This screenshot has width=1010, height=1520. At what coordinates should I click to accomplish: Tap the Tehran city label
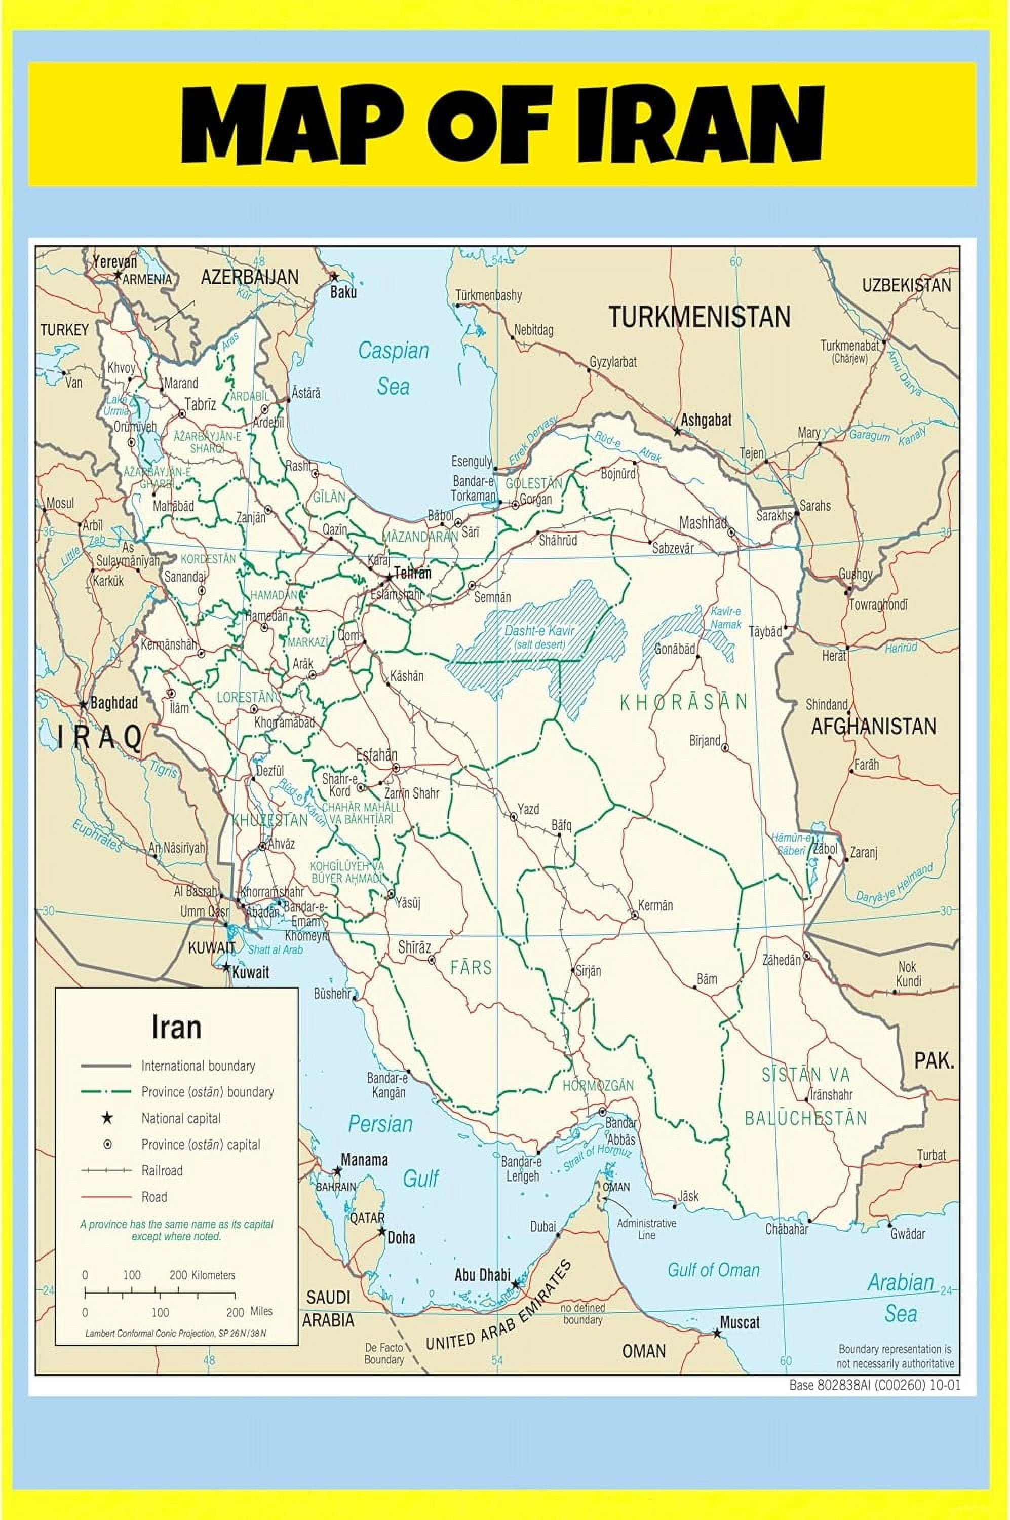(x=412, y=573)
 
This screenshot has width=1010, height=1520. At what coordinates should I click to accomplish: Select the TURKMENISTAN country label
(x=699, y=317)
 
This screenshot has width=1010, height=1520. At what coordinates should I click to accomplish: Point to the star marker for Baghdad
(x=83, y=705)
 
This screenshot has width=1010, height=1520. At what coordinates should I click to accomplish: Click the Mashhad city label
(x=703, y=522)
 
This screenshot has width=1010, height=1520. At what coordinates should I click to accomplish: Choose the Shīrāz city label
(x=413, y=947)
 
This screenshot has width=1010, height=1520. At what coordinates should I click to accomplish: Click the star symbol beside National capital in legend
(x=107, y=1118)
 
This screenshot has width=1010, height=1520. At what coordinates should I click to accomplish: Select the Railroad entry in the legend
(x=162, y=1170)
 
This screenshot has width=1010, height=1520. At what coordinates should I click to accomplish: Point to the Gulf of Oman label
(x=713, y=1270)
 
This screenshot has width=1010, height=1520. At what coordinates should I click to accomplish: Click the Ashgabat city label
(x=706, y=420)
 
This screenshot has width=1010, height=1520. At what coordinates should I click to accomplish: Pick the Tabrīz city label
(x=200, y=405)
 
